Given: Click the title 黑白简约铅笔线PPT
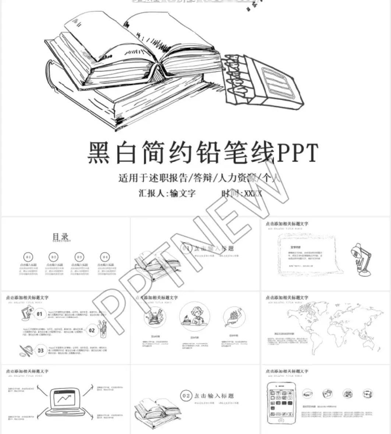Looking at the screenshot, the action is (x=202, y=153).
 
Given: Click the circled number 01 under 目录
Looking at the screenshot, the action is (x=28, y=257).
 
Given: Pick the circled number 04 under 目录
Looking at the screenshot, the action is (x=105, y=257).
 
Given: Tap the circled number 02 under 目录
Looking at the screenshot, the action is (x=54, y=257).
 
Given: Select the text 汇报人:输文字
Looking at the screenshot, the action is (x=167, y=193).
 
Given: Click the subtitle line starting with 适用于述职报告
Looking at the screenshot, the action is (x=199, y=178).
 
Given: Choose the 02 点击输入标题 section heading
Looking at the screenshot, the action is (x=208, y=396).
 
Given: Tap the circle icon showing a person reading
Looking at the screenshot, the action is (x=194, y=317).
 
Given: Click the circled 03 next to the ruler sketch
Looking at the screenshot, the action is (x=40, y=350).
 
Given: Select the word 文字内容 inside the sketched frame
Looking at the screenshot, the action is (x=295, y=247).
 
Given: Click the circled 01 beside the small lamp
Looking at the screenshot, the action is (x=39, y=314).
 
